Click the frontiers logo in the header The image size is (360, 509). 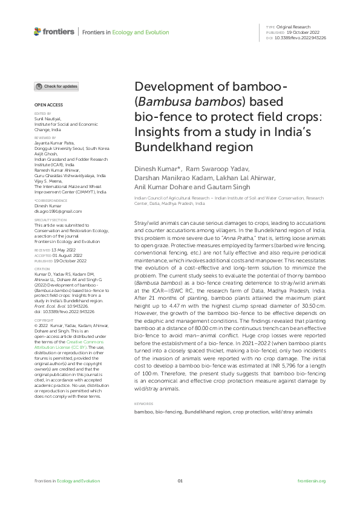pyautogui.click(x=54, y=31)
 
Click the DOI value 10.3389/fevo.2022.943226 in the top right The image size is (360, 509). pyautogui.click(x=301, y=37)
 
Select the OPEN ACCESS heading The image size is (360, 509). pyautogui.click(x=44, y=105)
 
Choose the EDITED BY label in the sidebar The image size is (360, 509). pyautogui.click(x=42, y=113)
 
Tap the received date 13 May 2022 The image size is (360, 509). pyautogui.click(x=62, y=249)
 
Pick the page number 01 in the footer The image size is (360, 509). pyautogui.click(x=180, y=481)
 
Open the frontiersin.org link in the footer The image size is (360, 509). pyautogui.click(x=312, y=481)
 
